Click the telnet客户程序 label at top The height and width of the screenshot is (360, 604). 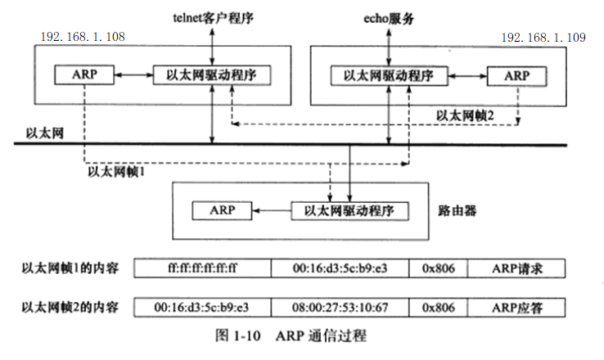click(212, 16)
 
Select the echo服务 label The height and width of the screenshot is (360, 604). click(389, 16)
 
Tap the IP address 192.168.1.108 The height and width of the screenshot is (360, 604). click(83, 38)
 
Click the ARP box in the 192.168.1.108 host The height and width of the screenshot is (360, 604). click(83, 74)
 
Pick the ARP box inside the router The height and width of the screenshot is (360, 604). click(221, 210)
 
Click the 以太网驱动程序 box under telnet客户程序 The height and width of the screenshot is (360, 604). click(212, 74)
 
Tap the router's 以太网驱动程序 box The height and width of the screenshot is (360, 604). click(350, 210)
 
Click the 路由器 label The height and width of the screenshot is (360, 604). click(458, 210)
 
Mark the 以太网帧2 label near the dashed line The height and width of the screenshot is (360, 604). click(465, 115)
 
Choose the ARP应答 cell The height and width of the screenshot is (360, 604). click(517, 308)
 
